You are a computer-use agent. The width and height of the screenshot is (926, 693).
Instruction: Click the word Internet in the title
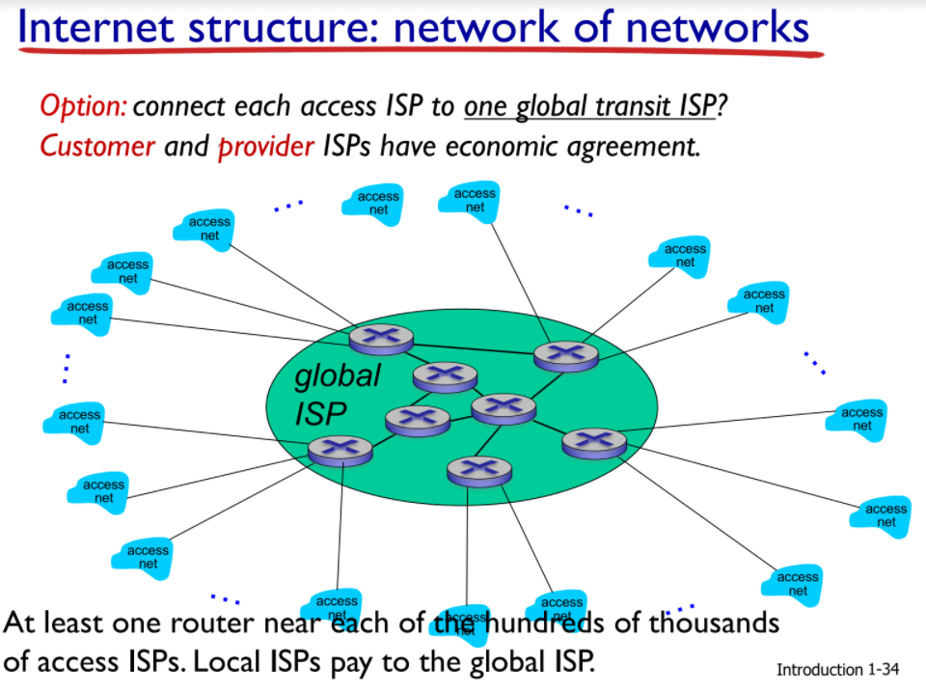pos(94,28)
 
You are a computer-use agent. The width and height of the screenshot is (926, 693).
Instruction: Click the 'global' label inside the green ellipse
pos(338,376)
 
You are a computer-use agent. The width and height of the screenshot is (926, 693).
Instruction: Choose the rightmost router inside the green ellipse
pos(594,442)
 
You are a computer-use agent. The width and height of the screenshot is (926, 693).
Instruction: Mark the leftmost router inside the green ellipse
pos(340,449)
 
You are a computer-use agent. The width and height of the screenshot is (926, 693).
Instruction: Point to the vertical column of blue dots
pos(67,368)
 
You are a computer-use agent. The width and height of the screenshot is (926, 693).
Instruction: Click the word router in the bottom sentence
pos(208,623)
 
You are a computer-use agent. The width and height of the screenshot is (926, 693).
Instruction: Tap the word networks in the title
pos(718,28)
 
